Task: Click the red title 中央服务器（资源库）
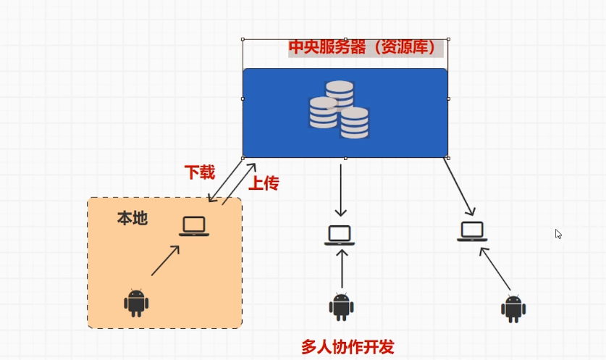362,47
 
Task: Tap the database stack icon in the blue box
339,109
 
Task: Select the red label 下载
199,172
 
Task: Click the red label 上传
264,183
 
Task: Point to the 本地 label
132,219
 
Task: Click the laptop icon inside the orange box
194,226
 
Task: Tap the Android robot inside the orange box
136,303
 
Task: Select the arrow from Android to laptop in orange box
165,261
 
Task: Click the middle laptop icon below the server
340,235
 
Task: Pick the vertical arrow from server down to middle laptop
340,191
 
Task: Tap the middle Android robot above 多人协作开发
341,307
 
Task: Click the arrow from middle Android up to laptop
342,269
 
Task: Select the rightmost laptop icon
472,232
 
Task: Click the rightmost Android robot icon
513,309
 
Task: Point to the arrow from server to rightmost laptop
459,187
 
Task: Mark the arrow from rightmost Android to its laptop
495,269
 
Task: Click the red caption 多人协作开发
348,347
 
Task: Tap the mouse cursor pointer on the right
558,234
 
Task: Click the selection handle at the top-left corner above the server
243,39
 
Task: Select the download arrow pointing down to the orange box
226,180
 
